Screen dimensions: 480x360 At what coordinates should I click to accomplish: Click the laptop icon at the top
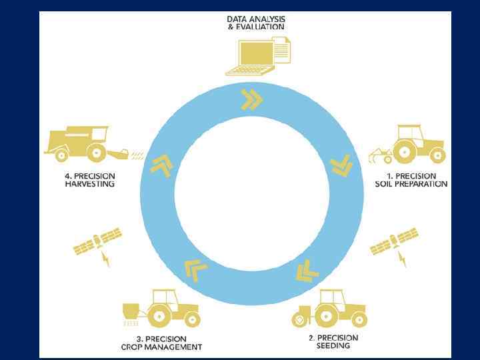pyautogui.click(x=251, y=57)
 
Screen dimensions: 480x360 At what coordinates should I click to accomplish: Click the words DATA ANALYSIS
pyautogui.click(x=255, y=19)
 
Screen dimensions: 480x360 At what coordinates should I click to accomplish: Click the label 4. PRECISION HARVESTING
pyautogui.click(x=86, y=180)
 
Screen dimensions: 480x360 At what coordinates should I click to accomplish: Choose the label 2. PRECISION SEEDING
pyautogui.click(x=333, y=342)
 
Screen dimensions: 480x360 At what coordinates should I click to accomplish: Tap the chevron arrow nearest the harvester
pyautogui.click(x=161, y=164)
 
